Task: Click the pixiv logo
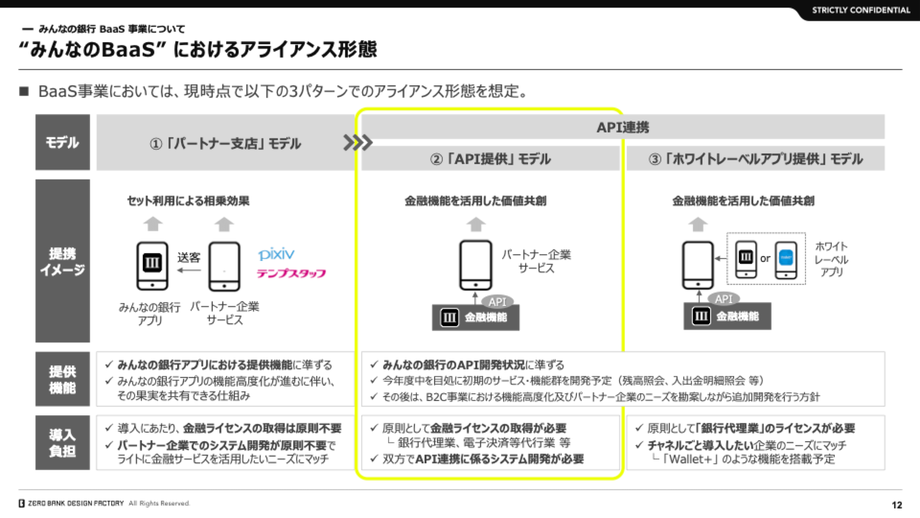tap(276, 254)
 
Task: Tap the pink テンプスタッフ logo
tap(291, 273)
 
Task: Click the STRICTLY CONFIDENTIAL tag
tap(861, 10)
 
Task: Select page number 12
tap(897, 505)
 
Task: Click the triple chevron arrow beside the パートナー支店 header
tap(358, 142)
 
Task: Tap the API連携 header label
tap(623, 127)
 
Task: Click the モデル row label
tap(62, 142)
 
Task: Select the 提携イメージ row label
tap(62, 261)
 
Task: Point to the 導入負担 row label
tap(62, 443)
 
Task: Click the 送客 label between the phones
tap(189, 258)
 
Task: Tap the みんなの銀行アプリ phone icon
tap(152, 266)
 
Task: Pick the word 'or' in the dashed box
tap(765, 259)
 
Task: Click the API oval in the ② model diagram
tap(497, 302)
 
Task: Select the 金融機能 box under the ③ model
tap(727, 316)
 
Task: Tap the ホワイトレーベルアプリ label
tap(831, 259)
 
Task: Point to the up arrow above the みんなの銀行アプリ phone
tap(153, 224)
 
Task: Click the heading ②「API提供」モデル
tap(491, 159)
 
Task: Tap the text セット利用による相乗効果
tap(188, 201)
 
